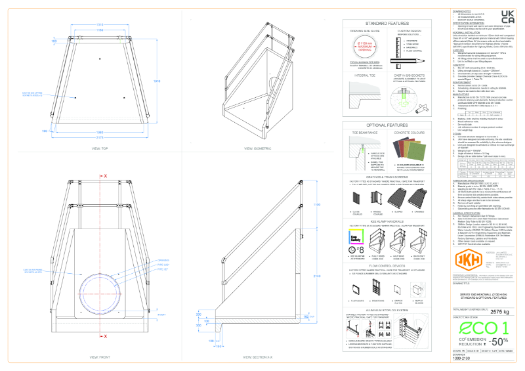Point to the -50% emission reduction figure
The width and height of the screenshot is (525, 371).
497,341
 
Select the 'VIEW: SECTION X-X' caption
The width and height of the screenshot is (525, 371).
257,357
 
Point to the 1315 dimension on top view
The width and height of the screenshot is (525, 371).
100,24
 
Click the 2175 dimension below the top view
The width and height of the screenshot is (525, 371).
100,137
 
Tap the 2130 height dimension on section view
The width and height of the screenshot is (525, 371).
315,276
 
